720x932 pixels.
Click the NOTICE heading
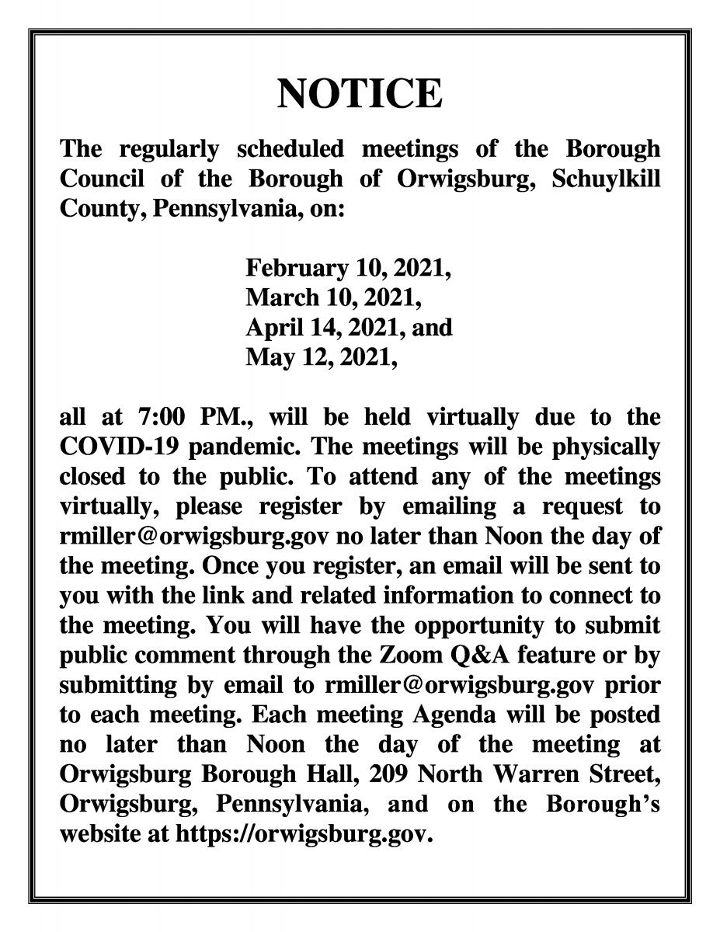point(360,94)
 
